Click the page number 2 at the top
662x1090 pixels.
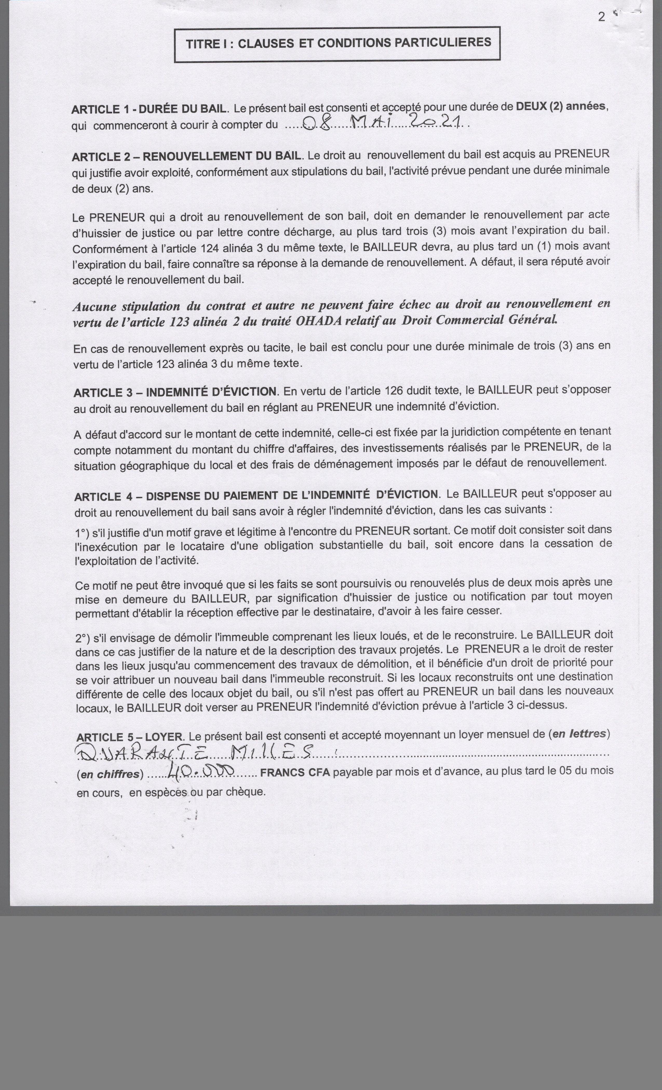(x=601, y=17)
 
